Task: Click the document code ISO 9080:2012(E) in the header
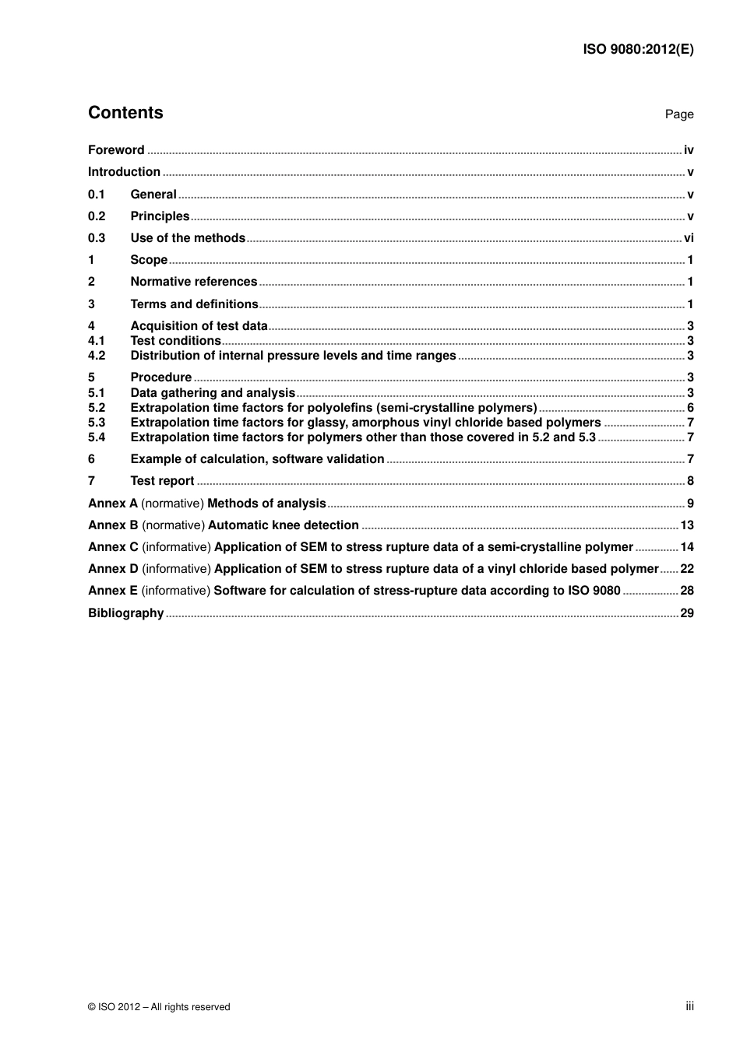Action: [x=638, y=49]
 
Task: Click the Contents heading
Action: [x=125, y=113]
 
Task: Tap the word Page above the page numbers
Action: [x=678, y=114]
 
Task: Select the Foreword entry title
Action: [x=116, y=150]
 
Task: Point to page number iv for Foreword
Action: [x=689, y=150]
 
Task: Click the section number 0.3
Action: [x=97, y=238]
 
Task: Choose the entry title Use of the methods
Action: [x=188, y=238]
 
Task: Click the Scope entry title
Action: [x=149, y=260]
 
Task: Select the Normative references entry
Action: [x=193, y=282]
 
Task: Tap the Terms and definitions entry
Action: [x=194, y=304]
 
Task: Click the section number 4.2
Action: [x=97, y=356]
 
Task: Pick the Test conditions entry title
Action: [x=175, y=341]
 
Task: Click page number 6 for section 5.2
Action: [x=690, y=408]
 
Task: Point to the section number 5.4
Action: [x=97, y=437]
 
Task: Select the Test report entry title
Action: [x=162, y=481]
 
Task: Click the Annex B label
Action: [x=113, y=525]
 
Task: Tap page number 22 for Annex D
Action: [x=687, y=569]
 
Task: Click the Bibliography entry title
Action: [x=125, y=613]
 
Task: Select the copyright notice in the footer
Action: [x=159, y=1007]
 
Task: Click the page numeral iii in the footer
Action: [x=689, y=1006]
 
